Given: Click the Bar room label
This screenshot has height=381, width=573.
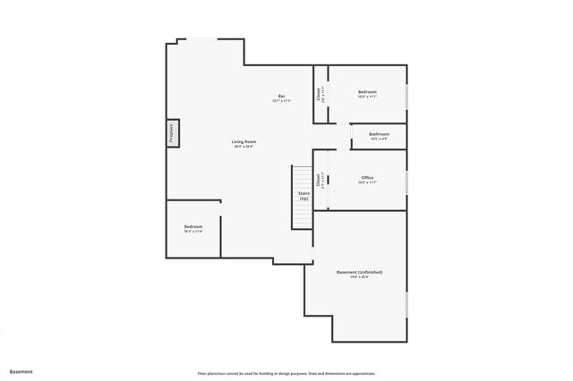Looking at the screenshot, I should (x=281, y=96).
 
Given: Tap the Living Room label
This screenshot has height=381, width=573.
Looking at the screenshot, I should (x=244, y=141).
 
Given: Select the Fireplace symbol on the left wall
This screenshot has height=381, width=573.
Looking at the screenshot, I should (x=173, y=133).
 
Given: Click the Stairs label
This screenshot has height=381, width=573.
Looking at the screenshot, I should (x=304, y=193).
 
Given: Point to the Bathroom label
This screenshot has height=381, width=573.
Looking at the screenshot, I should (x=379, y=134).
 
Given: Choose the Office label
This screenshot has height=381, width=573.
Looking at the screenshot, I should (x=367, y=177).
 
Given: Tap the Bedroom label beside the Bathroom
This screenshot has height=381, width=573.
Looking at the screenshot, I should (x=367, y=91).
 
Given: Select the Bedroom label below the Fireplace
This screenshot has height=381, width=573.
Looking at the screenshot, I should (x=193, y=226).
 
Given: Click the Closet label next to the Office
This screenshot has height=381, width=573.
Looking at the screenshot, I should (x=318, y=182).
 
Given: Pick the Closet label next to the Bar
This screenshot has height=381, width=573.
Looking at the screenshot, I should (x=318, y=94).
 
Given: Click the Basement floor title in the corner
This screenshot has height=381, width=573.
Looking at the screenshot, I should (x=21, y=371).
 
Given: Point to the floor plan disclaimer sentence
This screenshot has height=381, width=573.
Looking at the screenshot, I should (x=286, y=373).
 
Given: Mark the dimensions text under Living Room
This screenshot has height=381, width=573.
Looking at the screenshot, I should (x=244, y=147).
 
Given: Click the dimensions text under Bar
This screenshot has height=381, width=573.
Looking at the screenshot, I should (x=281, y=101).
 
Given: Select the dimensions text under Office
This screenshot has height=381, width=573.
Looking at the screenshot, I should (x=367, y=182).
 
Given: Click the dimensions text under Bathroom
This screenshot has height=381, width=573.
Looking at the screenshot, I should (x=379, y=139).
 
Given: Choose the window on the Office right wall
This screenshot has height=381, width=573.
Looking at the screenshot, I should (x=406, y=181).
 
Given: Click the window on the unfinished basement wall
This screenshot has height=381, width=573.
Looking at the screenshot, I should (x=406, y=304).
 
